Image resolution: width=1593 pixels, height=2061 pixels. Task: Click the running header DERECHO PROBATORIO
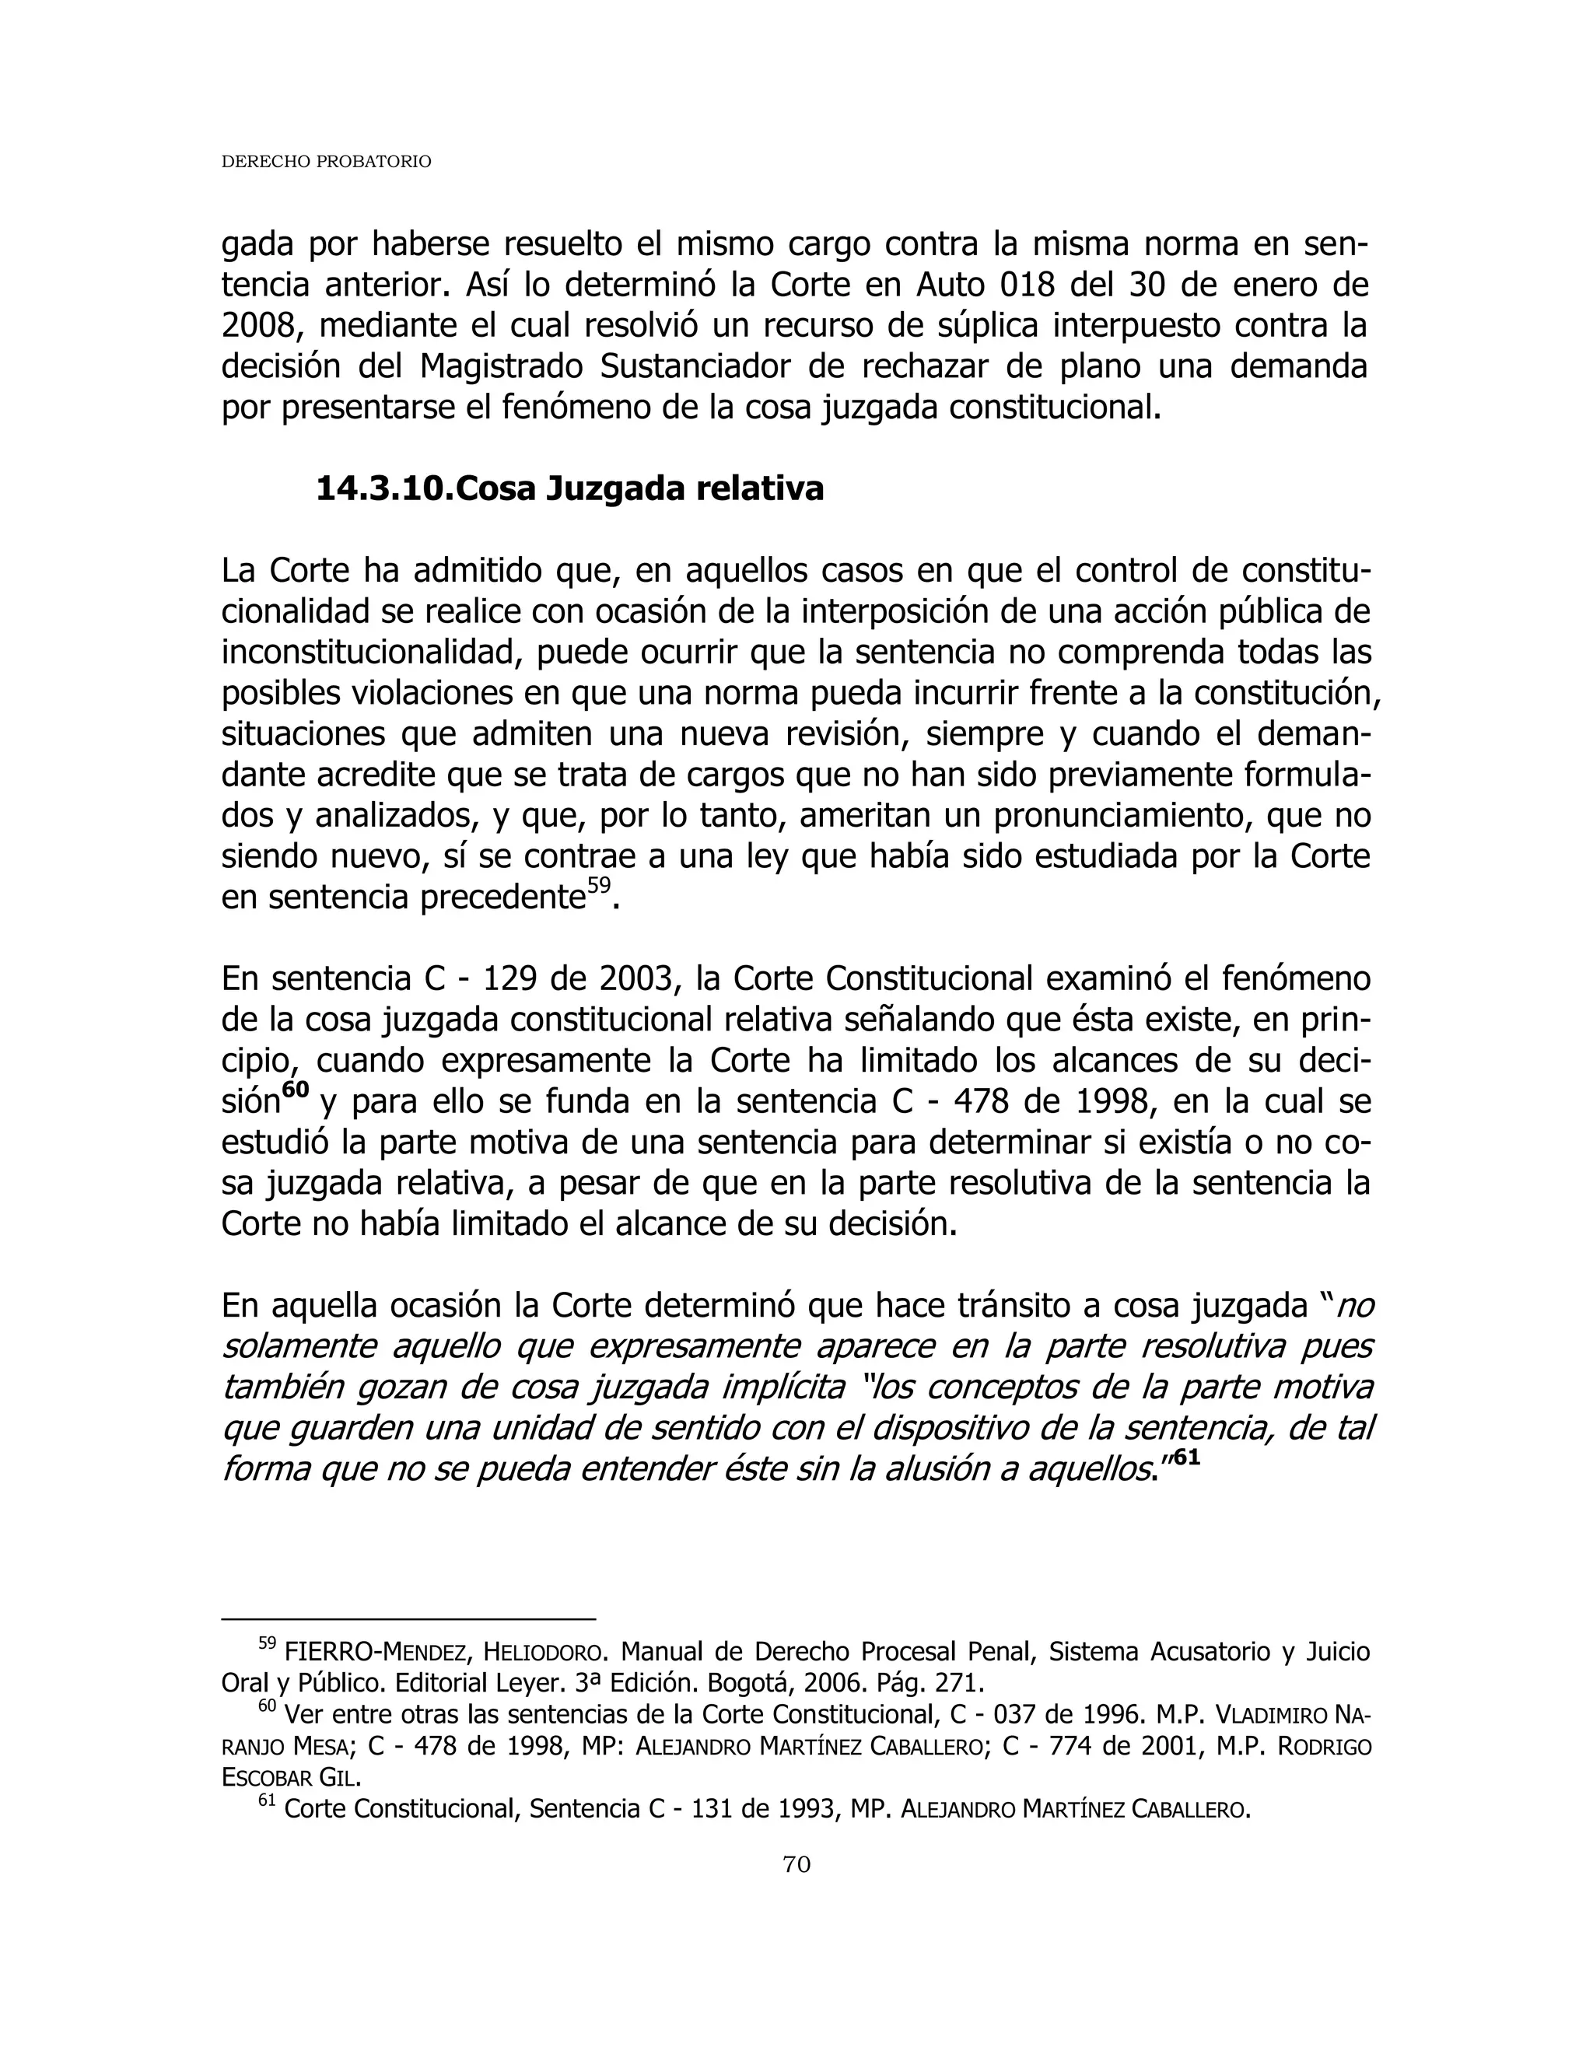click(x=326, y=163)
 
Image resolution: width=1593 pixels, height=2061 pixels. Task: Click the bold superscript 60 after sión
click(x=296, y=1090)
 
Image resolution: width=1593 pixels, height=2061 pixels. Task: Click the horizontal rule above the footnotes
click(x=408, y=1618)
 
